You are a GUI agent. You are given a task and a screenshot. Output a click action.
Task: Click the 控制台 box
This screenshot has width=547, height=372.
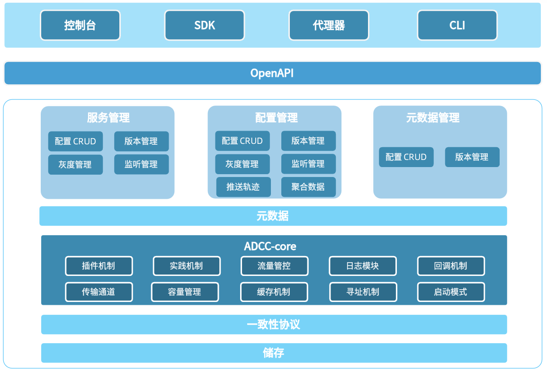[80, 25]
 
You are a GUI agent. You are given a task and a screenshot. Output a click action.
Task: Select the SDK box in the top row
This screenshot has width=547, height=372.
[205, 25]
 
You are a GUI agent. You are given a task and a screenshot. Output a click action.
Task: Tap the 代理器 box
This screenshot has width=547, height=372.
[329, 25]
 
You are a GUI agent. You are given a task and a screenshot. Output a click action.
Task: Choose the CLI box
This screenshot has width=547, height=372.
[457, 25]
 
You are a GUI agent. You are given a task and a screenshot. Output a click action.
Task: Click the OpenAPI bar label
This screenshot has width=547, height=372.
[272, 73]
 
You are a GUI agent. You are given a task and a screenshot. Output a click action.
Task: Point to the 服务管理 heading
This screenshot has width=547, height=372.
[108, 118]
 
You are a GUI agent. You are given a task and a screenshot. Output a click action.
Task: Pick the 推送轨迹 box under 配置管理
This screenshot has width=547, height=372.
[243, 187]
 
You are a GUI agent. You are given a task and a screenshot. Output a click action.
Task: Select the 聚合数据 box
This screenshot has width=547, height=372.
[308, 187]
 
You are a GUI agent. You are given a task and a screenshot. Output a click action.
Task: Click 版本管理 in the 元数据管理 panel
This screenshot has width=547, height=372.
[472, 157]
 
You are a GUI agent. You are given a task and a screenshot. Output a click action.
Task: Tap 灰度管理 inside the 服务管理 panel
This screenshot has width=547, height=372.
[75, 165]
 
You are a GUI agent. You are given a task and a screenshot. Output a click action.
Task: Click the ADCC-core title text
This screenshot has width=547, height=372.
[270, 247]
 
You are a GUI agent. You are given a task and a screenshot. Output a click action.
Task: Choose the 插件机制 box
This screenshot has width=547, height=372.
[99, 266]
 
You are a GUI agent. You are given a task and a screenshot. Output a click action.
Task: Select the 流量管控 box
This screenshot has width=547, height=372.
[274, 266]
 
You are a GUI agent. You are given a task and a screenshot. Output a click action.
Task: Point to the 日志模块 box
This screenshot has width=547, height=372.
[362, 266]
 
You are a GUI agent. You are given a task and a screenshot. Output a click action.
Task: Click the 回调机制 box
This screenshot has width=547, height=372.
[451, 266]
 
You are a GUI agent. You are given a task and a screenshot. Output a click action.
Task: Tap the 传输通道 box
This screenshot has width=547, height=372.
[99, 292]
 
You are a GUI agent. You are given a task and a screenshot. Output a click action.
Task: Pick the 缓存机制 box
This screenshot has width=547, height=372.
[274, 292]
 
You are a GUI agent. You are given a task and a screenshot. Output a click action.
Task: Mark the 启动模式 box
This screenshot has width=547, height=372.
[451, 292]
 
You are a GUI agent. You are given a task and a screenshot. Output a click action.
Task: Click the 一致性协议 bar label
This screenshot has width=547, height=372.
[274, 325]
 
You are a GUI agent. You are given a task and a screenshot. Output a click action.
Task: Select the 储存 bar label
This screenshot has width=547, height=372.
[274, 353]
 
